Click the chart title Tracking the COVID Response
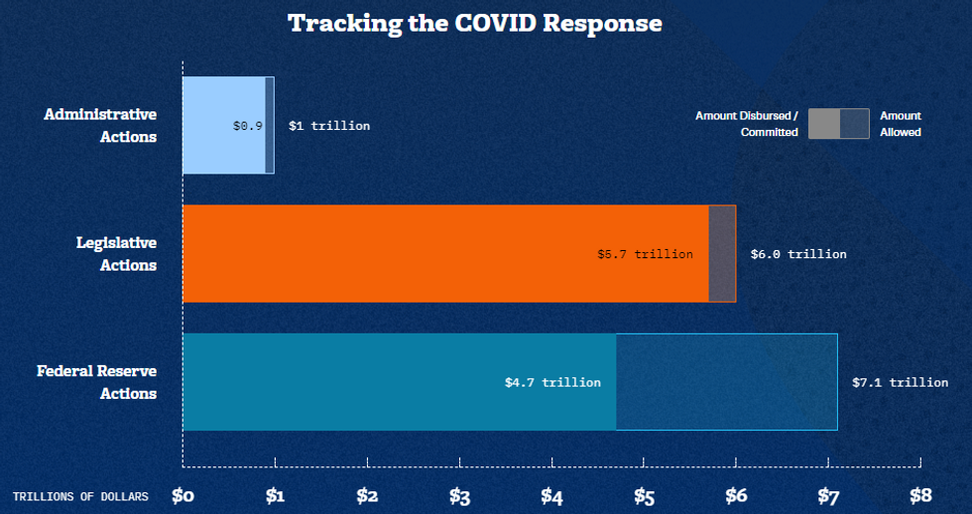coord(474,24)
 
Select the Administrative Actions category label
coord(100,126)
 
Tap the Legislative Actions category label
coord(116,254)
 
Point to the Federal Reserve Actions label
coord(97,382)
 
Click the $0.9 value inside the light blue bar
coord(248,126)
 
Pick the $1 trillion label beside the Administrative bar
coord(329,126)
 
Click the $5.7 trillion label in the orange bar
coord(645,254)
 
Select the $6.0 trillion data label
coord(798,254)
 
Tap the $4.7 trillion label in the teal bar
coord(552,382)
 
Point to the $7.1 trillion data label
coord(900,382)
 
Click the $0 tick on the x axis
coord(183,495)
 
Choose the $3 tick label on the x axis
coord(459,495)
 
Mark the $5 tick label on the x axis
coord(644,495)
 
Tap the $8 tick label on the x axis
coord(920,495)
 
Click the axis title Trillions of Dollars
coord(80,496)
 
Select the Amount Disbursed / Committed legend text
coord(747,124)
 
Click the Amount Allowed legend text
coord(901,124)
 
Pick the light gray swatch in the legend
coord(823,124)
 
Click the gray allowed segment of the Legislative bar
coord(722,254)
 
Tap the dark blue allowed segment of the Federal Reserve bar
coord(726,382)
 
